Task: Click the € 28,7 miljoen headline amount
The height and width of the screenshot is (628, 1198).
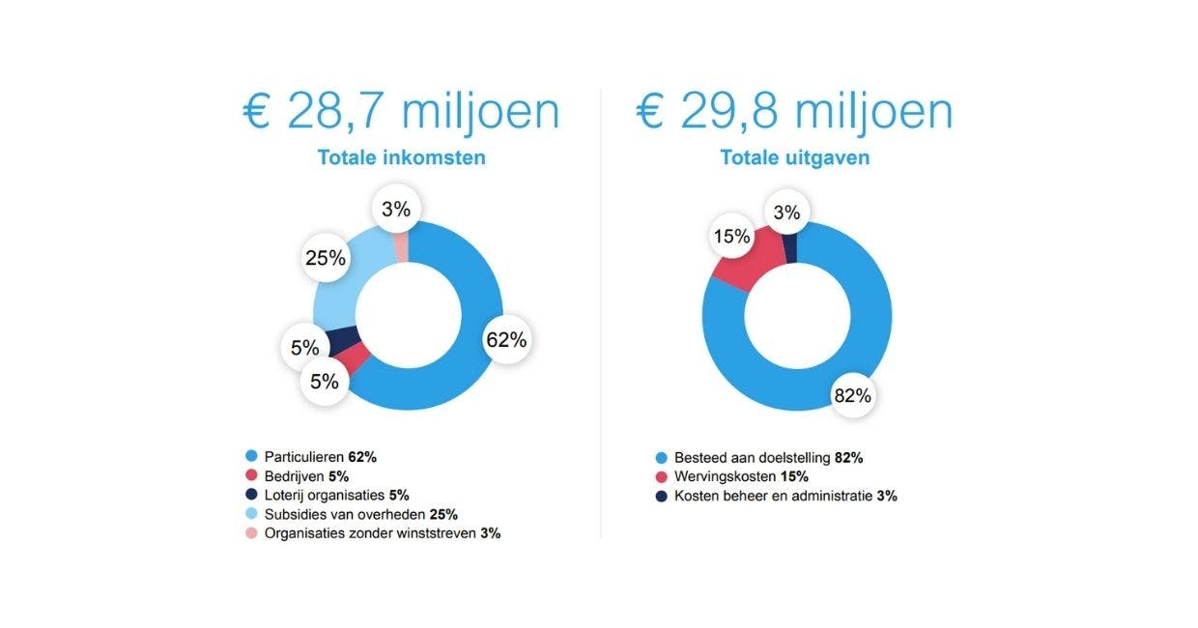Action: (401, 111)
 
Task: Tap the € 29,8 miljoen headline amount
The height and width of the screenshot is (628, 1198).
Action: (794, 111)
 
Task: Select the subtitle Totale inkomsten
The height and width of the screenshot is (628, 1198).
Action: (401, 157)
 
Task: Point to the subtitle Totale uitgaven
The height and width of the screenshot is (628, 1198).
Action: (794, 157)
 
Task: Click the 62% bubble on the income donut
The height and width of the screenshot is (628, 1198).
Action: (506, 340)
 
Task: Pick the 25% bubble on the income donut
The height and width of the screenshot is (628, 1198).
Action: (326, 258)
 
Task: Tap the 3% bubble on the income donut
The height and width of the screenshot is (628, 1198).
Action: (396, 209)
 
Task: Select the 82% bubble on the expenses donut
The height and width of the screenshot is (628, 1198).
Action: (853, 394)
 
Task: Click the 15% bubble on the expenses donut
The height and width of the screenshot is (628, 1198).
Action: (731, 237)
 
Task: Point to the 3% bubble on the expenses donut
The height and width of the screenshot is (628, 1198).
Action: (786, 213)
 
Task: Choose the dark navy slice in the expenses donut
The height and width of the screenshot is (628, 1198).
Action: (790, 247)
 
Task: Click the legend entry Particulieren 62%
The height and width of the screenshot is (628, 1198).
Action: (320, 456)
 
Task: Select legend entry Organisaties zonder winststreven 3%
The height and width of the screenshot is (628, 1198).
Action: (382, 532)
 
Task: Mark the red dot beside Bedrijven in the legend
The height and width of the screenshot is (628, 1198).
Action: (252, 475)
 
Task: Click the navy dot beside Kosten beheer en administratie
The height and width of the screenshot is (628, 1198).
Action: (661, 496)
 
